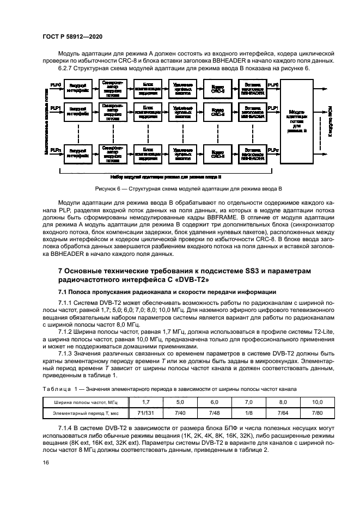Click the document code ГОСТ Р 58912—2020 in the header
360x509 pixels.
pyautogui.click(x=73, y=36)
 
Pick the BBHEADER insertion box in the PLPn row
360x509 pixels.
pyautogui.click(x=252, y=154)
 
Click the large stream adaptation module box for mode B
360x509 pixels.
pyautogui.click(x=297, y=120)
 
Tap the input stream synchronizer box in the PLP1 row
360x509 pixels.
pyautogui.click(x=113, y=112)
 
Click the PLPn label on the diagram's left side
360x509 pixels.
pyautogui.click(x=55, y=149)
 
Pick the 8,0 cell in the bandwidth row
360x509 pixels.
pyautogui.click(x=283, y=402)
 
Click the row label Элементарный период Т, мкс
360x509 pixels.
pyautogui.click(x=85, y=414)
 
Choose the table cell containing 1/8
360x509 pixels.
pyautogui.click(x=248, y=414)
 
